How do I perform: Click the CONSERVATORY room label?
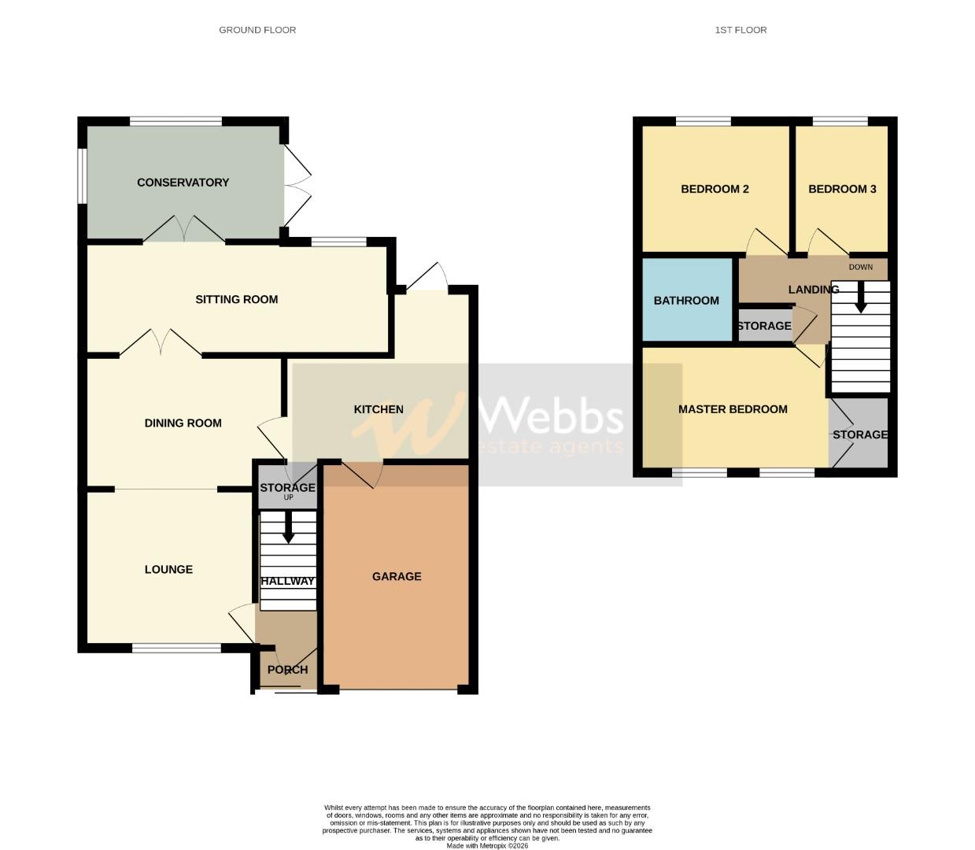(183, 183)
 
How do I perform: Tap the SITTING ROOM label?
(236, 299)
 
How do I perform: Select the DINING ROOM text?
(183, 423)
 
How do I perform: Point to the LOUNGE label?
(168, 570)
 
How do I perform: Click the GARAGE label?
(397, 577)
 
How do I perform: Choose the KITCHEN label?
(379, 409)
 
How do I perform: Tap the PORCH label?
(287, 670)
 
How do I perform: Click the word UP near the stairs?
(288, 497)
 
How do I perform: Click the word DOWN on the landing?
(861, 267)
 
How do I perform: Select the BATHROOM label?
(686, 301)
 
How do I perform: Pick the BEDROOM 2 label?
(715, 189)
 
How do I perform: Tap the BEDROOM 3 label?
(842, 189)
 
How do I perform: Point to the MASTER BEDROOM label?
(733, 409)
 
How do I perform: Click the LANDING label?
(814, 290)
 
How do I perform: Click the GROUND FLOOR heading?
(257, 30)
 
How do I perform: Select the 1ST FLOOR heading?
(740, 30)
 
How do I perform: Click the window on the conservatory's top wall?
(175, 121)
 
